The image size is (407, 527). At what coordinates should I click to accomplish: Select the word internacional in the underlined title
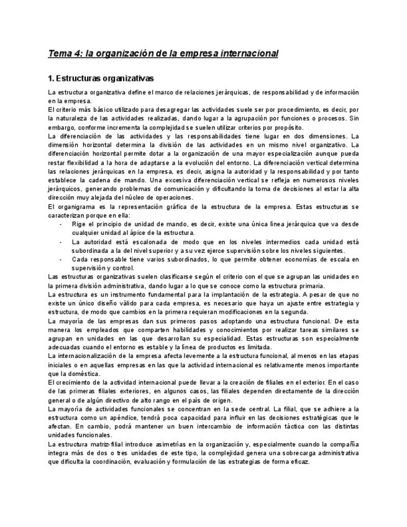tap(247, 53)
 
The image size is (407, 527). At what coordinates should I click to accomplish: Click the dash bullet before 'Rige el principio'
tap(60, 224)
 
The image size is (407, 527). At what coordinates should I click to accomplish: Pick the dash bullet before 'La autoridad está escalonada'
tap(60, 242)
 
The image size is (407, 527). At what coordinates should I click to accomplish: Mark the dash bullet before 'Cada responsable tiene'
tap(60, 259)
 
